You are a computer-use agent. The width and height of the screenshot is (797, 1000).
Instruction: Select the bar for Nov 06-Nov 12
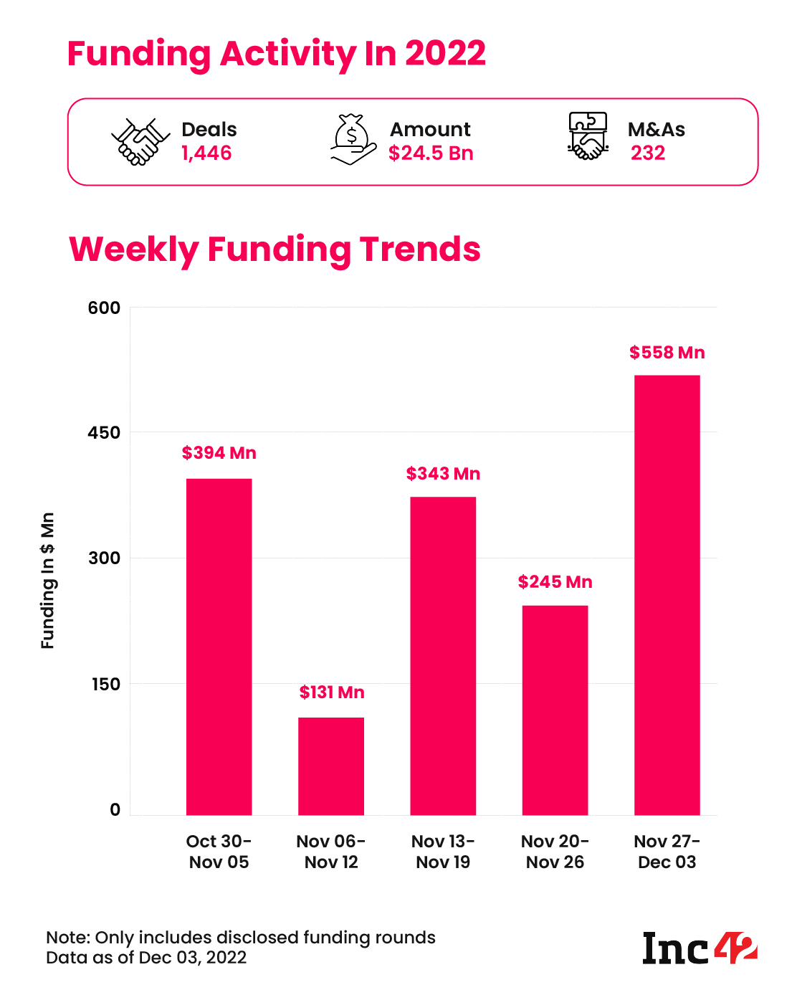[x=331, y=766]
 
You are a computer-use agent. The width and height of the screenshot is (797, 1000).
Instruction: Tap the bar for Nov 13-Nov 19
[x=443, y=655]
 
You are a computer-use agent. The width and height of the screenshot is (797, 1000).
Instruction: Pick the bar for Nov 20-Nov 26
[x=555, y=710]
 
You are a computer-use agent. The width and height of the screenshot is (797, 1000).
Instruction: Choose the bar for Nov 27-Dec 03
[x=667, y=595]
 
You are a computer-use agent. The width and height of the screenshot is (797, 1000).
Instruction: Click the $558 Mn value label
[x=667, y=353]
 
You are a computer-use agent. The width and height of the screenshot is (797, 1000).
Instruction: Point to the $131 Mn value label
[x=332, y=692]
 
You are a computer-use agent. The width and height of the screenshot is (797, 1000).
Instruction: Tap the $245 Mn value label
[x=555, y=582]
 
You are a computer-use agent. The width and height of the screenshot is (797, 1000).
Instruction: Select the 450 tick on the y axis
[x=105, y=433]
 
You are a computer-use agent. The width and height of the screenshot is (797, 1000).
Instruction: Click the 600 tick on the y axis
[x=105, y=308]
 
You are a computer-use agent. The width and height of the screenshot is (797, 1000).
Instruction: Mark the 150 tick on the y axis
[x=105, y=685]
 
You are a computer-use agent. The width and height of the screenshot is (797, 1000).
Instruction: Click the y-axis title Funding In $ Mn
[x=48, y=581]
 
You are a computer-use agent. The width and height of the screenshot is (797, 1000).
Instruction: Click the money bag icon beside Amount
[x=353, y=140]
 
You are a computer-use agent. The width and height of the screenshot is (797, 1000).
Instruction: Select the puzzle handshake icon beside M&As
[x=588, y=136]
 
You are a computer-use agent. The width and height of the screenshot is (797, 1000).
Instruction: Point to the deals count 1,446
[x=206, y=153]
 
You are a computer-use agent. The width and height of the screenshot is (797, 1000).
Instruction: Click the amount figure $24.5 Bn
[x=431, y=153]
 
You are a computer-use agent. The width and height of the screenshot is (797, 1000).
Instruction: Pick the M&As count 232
[x=648, y=153]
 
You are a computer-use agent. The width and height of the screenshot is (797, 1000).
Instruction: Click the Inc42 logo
[x=699, y=948]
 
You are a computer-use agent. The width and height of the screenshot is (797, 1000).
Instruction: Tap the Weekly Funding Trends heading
[x=275, y=249]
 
